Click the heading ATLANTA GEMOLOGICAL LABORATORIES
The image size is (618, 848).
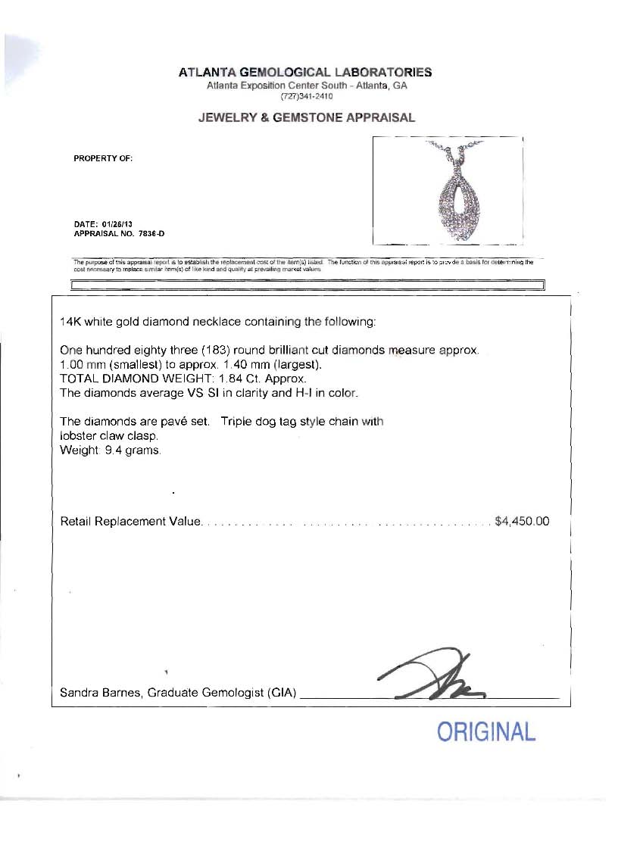[x=305, y=73]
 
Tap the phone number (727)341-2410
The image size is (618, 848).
[x=306, y=96]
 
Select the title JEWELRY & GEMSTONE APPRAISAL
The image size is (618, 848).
[x=306, y=117]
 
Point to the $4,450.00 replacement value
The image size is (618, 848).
[x=521, y=521]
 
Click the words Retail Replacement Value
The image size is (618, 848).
[x=130, y=521]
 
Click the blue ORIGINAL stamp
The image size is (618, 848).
[x=486, y=732]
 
